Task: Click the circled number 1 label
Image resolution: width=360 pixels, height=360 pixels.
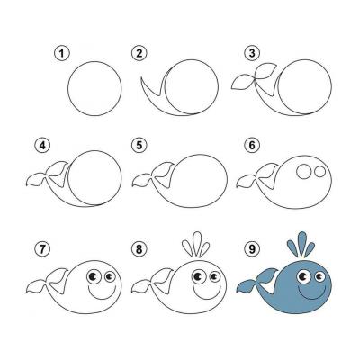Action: pos(62,54)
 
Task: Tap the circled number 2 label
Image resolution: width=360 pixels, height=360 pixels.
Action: pos(139,54)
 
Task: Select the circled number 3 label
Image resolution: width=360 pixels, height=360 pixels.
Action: pos(252,54)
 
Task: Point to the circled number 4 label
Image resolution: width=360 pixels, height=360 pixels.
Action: pos(43,146)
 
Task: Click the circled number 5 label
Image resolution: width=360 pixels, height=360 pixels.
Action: pos(139,146)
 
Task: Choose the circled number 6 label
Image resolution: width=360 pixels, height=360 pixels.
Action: pos(252,146)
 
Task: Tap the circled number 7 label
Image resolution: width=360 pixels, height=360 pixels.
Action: pos(43,248)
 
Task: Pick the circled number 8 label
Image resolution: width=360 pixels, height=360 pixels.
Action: pos(139,248)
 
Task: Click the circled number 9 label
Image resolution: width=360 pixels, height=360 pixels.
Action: pos(252,248)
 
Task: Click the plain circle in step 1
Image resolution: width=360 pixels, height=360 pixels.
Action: pos(67,89)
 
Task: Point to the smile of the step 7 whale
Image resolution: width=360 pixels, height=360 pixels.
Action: pos(102,299)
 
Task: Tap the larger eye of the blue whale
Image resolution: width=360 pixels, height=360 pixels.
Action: pos(304,276)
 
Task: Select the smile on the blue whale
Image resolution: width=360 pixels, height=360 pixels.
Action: pos(312,299)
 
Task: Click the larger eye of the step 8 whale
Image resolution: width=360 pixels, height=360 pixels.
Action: pos(198,276)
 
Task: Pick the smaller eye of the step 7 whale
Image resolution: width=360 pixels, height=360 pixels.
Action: pos(110,275)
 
